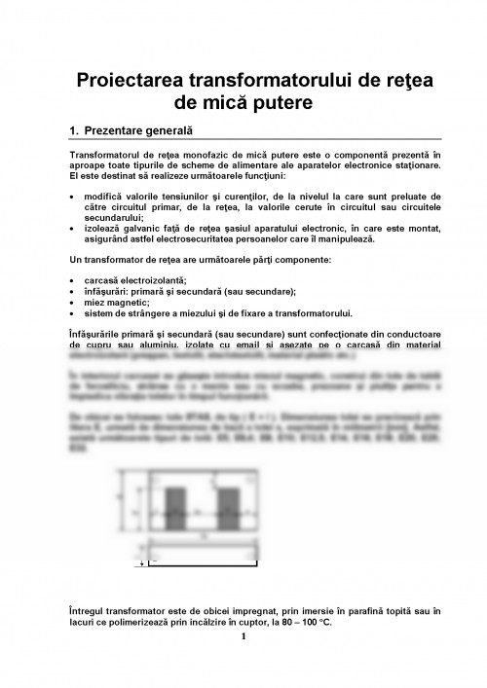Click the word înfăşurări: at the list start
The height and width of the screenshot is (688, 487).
(109, 291)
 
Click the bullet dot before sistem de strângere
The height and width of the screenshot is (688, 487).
(73, 313)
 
